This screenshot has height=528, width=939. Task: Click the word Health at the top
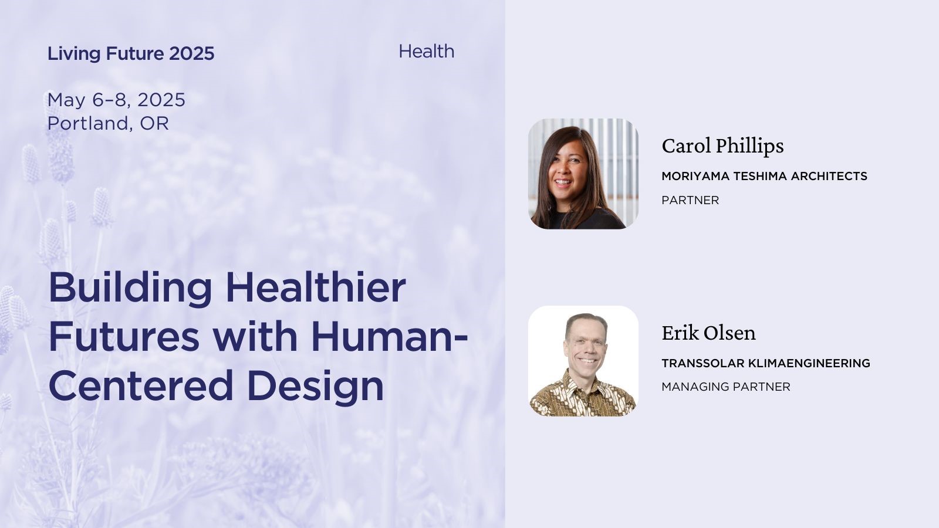[x=426, y=51]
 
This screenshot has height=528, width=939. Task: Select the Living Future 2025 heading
[x=131, y=53]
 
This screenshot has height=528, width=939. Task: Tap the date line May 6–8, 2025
[x=116, y=100]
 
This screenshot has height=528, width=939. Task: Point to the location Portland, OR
[x=108, y=123]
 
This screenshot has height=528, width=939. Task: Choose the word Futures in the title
[x=124, y=337]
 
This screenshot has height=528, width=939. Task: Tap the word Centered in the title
[x=141, y=385]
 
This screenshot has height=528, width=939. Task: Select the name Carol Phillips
[x=722, y=146]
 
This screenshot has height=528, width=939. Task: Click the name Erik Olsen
[x=708, y=333]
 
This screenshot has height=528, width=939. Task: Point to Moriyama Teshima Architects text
[x=764, y=176]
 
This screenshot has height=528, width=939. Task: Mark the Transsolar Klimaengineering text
[x=766, y=363]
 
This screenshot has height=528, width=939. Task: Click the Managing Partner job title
[x=725, y=387]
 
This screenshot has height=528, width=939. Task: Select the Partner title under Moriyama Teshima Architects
[x=690, y=200]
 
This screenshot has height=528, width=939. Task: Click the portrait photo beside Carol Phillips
[x=583, y=174]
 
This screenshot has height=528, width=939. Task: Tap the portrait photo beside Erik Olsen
[x=583, y=361]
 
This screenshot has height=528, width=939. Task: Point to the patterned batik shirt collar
[x=583, y=382]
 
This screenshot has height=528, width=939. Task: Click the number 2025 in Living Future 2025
[x=191, y=53]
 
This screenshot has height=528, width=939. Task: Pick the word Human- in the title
[x=389, y=337]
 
